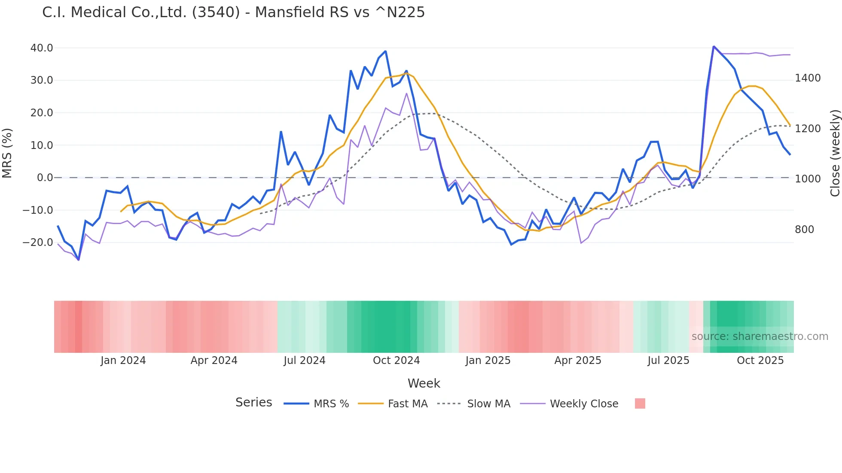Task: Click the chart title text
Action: [x=233, y=12]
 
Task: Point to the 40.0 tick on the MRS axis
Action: [x=42, y=48]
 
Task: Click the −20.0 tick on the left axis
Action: [x=38, y=243]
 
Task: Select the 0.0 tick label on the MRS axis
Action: [x=45, y=178]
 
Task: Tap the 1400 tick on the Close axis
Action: [x=808, y=78]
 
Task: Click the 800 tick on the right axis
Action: [x=804, y=230]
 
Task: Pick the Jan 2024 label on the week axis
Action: [x=123, y=361]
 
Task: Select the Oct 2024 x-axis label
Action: [x=396, y=361]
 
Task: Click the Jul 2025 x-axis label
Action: [x=668, y=361]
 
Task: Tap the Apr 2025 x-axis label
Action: [x=578, y=361]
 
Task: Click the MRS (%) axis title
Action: [x=7, y=153]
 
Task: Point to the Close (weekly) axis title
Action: [x=835, y=153]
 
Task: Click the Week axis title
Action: [x=424, y=383]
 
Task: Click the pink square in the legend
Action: [x=640, y=403]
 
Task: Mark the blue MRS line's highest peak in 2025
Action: [x=714, y=47]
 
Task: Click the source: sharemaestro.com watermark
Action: [x=760, y=337]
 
